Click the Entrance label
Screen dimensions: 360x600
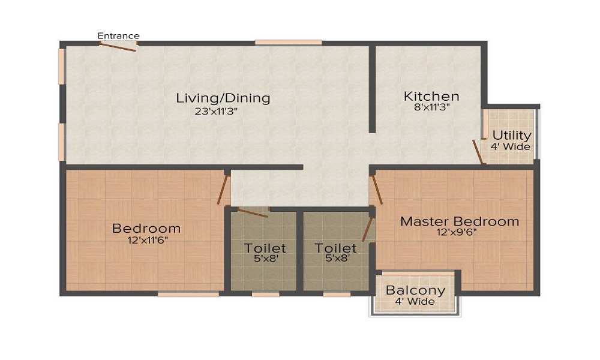[x=119, y=36]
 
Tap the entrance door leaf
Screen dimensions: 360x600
[x=119, y=47]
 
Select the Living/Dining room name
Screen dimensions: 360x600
[x=223, y=98]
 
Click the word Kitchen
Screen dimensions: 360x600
[x=431, y=96]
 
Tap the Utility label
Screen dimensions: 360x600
[x=512, y=135]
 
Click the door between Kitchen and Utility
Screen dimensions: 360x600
[x=478, y=152]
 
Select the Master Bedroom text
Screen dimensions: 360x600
[x=460, y=221]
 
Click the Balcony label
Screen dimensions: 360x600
[x=416, y=291]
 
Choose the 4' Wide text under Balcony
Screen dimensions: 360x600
[x=415, y=302]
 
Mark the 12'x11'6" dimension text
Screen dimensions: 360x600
[x=146, y=239]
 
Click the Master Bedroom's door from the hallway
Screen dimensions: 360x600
[x=376, y=190]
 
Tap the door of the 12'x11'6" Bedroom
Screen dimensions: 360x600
[x=223, y=190]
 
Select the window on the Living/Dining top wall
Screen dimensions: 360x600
[x=288, y=43]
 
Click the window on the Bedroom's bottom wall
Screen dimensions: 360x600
[x=188, y=294]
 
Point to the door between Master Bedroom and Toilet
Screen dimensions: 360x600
[x=368, y=229]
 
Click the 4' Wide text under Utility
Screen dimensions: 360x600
[x=511, y=146]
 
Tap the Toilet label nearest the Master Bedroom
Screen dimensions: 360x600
[x=336, y=248]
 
